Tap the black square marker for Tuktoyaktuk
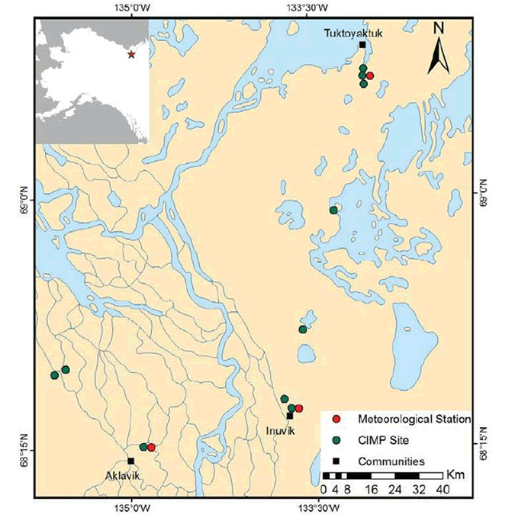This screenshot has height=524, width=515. [x=362, y=45]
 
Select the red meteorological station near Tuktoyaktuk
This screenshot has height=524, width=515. [x=370, y=76]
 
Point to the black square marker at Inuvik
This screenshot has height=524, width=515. [x=290, y=416]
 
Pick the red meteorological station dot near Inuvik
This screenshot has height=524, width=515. [x=299, y=409]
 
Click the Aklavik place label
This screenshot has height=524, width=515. [x=124, y=473]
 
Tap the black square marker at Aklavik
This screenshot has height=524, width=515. [x=131, y=461]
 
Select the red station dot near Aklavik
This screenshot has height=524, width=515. [x=151, y=447]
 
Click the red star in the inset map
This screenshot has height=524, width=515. [x=131, y=55]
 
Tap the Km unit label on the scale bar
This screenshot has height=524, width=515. [x=455, y=475]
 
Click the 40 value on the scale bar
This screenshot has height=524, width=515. [x=440, y=489]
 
